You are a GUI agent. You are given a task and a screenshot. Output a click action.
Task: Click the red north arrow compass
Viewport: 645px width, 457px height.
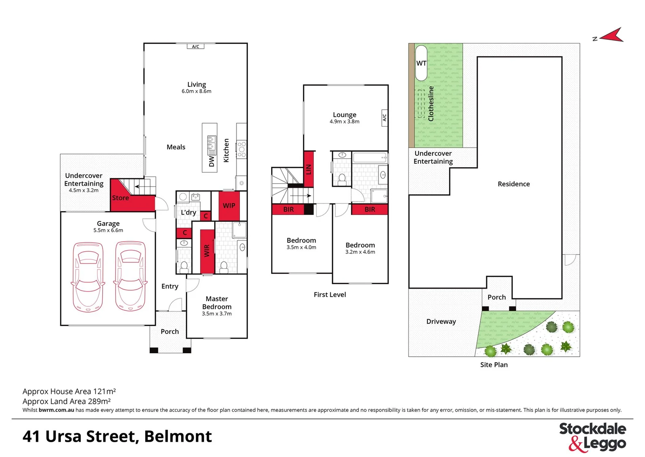pos(612,36)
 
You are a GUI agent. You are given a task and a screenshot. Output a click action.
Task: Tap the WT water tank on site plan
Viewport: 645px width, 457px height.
pos(421,63)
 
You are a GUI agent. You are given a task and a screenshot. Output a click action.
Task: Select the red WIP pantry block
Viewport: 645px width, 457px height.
pos(229,206)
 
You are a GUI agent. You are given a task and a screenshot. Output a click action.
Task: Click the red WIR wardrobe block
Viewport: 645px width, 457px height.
pos(207,251)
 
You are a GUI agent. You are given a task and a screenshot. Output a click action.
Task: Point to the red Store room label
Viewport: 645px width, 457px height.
pos(120,198)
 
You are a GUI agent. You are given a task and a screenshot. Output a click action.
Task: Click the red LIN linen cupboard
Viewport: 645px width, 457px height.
pos(308,169)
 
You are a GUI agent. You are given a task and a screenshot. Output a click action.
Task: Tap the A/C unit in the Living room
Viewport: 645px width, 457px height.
pos(196,47)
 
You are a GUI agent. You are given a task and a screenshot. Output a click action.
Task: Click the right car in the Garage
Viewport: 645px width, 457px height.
pos(131,276)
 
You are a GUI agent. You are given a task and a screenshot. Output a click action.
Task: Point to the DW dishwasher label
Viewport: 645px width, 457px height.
pos(212,161)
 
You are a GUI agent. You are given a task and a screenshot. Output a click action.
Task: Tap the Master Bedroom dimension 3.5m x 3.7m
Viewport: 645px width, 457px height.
pos(217,314)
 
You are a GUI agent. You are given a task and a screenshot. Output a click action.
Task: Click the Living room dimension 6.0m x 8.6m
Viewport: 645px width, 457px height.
pos(196,91)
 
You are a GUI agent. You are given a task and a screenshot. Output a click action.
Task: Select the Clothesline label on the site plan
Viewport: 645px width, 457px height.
pos(431,104)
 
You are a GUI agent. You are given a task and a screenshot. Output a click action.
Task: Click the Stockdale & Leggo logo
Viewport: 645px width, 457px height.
pos(593,436)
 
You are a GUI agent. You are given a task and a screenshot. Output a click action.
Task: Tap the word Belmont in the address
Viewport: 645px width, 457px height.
pos(178,436)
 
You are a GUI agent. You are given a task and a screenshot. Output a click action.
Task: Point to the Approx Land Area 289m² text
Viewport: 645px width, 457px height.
pos(67,401)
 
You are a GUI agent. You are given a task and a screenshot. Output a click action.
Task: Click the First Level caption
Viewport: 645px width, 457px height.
pos(329,295)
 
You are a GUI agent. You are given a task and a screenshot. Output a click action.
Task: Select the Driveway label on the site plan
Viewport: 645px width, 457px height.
pos(441,322)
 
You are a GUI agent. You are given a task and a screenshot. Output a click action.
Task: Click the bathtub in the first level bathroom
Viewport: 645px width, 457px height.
pos(370,158)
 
